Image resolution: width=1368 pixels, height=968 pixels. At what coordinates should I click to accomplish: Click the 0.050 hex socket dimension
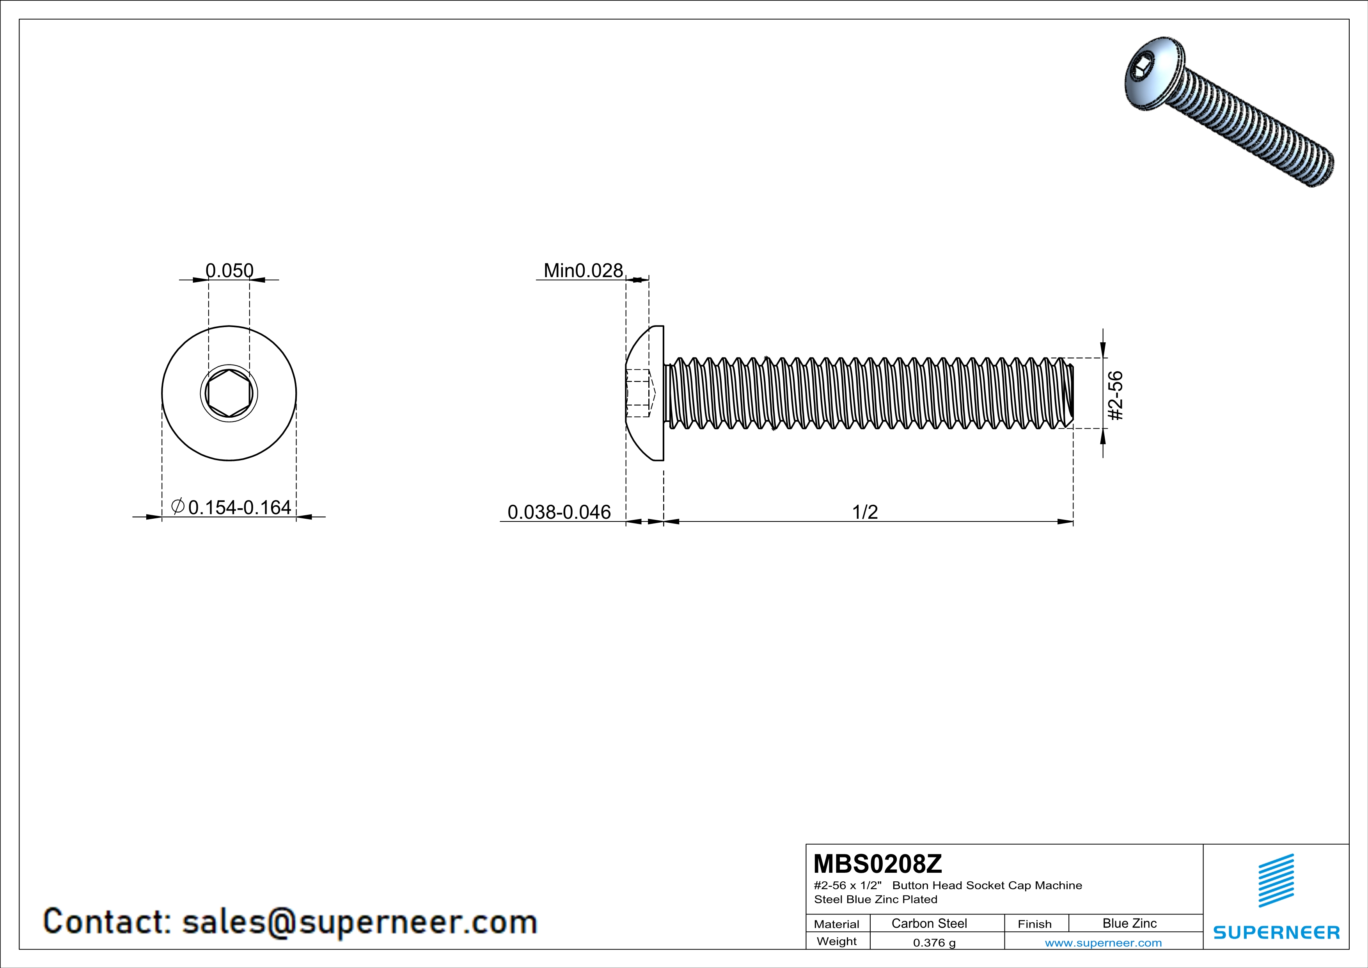(229, 270)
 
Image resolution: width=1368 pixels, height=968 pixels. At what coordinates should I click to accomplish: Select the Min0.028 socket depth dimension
(583, 270)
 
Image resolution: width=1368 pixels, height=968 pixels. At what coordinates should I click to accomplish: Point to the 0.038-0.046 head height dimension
(559, 512)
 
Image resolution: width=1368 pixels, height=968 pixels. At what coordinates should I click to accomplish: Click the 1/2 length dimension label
(864, 512)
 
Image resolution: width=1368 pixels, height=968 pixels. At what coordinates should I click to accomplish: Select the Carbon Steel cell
(929, 923)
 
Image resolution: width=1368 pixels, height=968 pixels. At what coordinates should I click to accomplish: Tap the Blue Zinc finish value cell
(1129, 923)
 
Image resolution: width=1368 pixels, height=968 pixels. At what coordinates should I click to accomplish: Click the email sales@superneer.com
(359, 922)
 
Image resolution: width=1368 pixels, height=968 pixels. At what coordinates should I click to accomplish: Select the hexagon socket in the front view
(229, 393)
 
